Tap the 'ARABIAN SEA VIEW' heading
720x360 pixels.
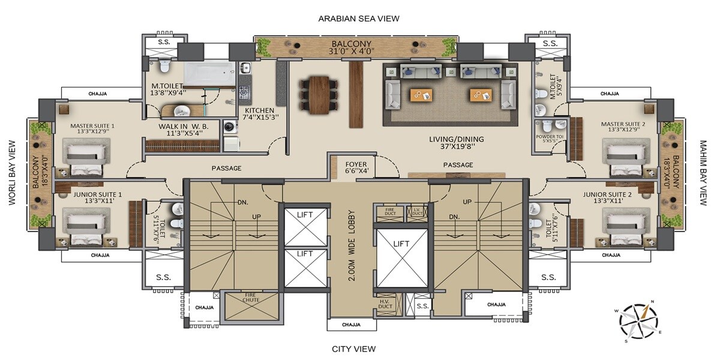click(359, 19)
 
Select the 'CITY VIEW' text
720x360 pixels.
click(353, 349)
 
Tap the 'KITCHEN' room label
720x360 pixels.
click(259, 114)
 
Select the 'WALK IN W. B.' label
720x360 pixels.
click(180, 129)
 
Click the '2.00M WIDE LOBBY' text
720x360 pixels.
click(352, 249)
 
